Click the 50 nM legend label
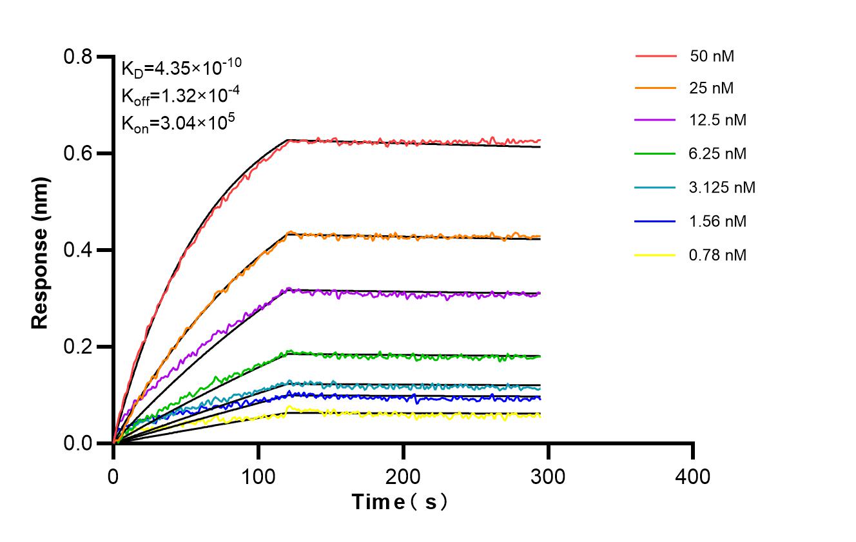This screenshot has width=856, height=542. pyautogui.click(x=712, y=56)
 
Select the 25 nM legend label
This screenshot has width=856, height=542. pyautogui.click(x=712, y=89)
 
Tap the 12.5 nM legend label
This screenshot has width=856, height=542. pyautogui.click(x=718, y=121)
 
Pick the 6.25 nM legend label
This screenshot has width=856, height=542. pyautogui.click(x=718, y=154)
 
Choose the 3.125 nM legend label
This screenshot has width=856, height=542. pyautogui.click(x=722, y=188)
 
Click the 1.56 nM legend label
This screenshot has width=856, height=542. pyautogui.click(x=718, y=222)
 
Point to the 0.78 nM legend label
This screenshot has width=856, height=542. pyautogui.click(x=718, y=255)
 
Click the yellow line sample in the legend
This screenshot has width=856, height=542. pyautogui.click(x=656, y=255)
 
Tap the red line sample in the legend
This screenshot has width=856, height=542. pyautogui.click(x=656, y=56)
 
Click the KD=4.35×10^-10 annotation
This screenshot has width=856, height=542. pyautogui.click(x=182, y=66)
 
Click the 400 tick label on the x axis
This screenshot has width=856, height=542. pyautogui.click(x=693, y=477)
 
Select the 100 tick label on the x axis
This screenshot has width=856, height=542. pyautogui.click(x=258, y=477)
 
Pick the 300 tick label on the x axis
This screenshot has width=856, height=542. pyautogui.click(x=548, y=477)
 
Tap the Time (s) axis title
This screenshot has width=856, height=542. pyautogui.click(x=400, y=501)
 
